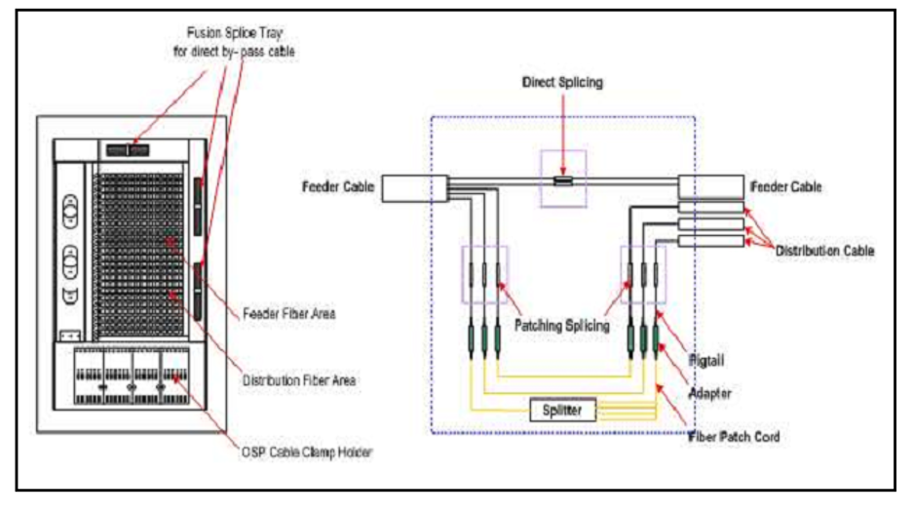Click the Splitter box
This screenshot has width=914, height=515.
pyautogui.click(x=561, y=411)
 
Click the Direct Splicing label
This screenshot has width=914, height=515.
pyautogui.click(x=562, y=83)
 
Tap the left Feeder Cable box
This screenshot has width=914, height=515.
pyautogui.click(x=413, y=187)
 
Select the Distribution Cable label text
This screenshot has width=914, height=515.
pyautogui.click(x=824, y=251)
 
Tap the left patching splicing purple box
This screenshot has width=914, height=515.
pyautogui.click(x=484, y=273)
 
